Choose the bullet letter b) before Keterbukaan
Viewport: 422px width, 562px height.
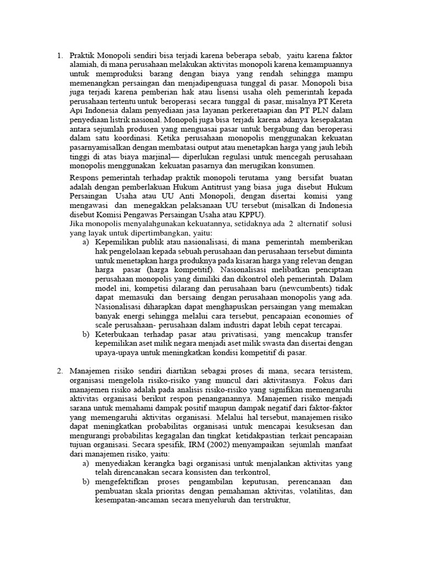[x=86, y=334]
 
